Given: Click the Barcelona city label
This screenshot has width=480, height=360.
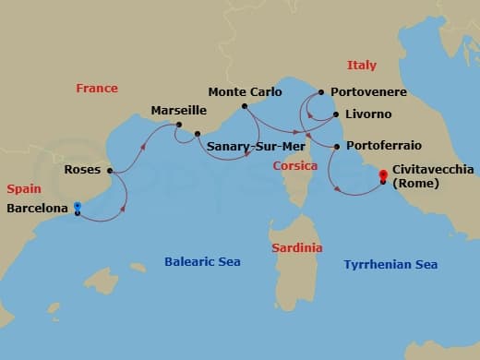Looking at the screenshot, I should click(37, 209).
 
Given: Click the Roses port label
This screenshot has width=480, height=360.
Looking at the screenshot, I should click(83, 170).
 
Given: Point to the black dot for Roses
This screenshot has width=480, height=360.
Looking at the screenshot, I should click(110, 170).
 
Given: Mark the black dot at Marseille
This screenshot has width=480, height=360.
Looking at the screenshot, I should click(179, 125).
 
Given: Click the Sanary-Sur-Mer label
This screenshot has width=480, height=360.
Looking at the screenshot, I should click(244, 146).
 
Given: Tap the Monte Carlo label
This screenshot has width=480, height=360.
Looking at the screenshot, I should click(240, 92).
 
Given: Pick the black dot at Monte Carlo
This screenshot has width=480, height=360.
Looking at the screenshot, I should click(245, 106).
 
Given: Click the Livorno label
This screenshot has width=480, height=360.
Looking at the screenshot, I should click(367, 114).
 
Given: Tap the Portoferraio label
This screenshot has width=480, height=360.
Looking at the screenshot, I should click(384, 146).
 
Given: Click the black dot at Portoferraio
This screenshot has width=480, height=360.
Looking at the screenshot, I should click(337, 147).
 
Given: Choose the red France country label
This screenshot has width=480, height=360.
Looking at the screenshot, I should click(97, 89).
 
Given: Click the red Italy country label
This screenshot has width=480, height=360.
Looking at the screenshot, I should click(361, 66).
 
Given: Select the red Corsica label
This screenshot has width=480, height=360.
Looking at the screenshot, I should click(295, 166).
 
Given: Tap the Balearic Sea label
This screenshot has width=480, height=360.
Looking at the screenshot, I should click(202, 262).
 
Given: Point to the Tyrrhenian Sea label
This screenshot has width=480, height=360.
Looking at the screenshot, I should click(390, 265).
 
